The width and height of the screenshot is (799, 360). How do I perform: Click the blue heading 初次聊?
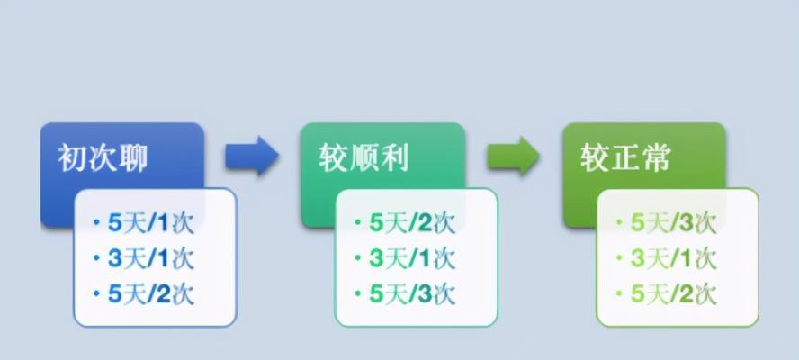103,157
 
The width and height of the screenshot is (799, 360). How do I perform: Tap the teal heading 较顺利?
364,157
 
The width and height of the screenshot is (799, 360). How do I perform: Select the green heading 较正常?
625,157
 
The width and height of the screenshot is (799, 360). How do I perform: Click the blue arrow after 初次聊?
252,156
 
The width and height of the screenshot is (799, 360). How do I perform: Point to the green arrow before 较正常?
513,156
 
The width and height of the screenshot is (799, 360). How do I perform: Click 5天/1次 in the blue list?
151,223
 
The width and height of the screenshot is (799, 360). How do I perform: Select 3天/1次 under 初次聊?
151,258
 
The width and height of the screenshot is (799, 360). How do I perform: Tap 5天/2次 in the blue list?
151,294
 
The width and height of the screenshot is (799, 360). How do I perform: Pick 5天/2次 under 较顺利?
412,223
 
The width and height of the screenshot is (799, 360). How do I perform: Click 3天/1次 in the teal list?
412,258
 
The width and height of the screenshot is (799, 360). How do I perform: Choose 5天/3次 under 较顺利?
412,294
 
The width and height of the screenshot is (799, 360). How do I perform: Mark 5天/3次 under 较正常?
674,223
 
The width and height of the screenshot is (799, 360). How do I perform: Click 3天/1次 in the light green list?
674,258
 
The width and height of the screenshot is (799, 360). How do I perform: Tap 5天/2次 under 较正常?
674,294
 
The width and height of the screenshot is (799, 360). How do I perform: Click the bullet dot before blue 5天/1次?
96,222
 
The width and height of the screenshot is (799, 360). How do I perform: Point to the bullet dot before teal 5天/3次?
358,293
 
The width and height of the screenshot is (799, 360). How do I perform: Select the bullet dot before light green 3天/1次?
619,258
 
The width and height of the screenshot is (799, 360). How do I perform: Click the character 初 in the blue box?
72,157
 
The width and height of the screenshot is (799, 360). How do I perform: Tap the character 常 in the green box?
656,157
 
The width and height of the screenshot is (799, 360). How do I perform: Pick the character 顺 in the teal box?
364,157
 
